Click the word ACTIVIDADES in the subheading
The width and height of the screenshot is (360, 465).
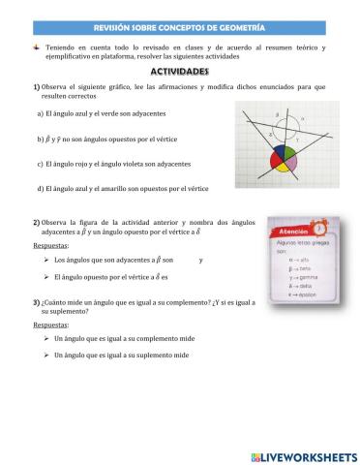179,72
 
